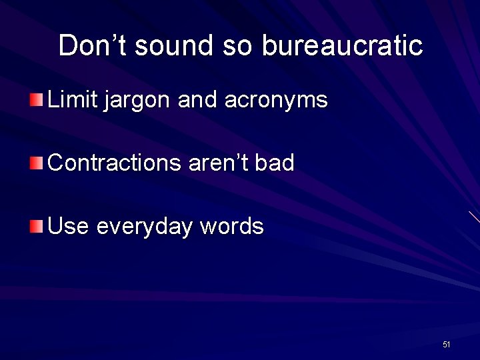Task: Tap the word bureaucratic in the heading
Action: (x=342, y=45)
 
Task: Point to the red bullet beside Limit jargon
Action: (x=36, y=101)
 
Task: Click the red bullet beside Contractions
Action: (x=36, y=163)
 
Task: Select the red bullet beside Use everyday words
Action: (x=36, y=227)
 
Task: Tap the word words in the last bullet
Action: (x=233, y=227)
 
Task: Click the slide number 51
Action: (x=447, y=345)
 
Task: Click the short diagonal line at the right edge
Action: (x=474, y=217)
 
